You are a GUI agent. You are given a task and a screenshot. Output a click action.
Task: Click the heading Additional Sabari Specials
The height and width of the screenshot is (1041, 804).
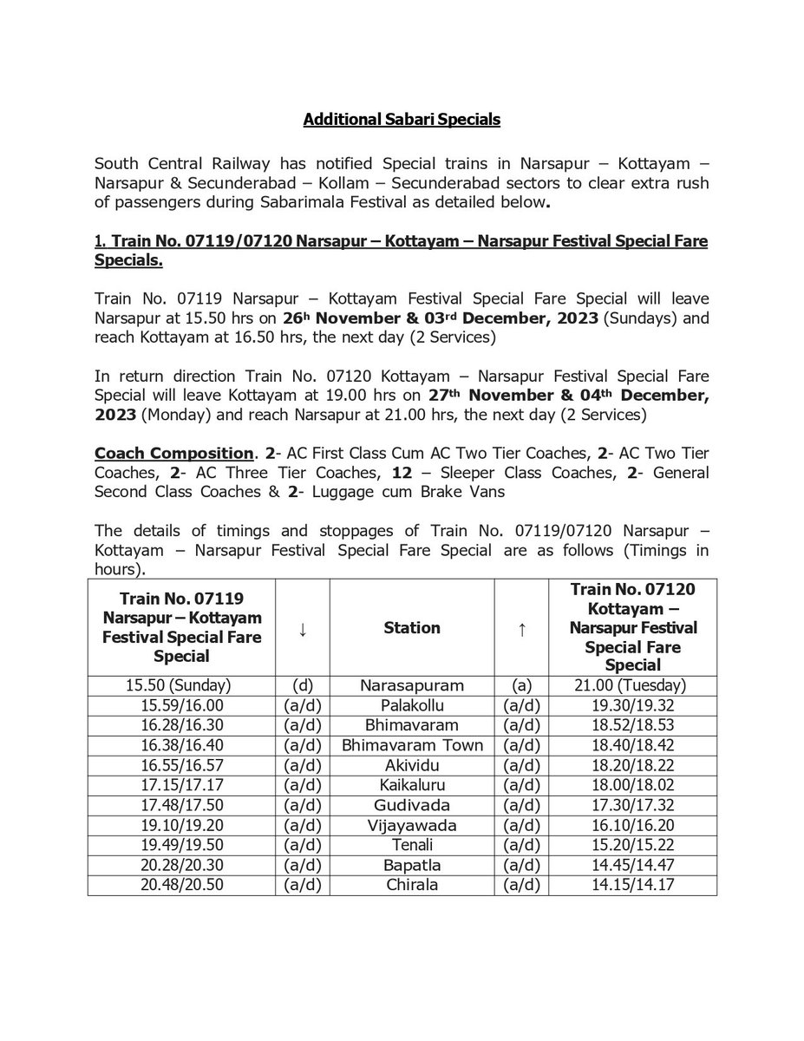click(x=402, y=121)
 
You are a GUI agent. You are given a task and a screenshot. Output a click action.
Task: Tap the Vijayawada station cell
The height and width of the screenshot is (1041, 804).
click(x=412, y=824)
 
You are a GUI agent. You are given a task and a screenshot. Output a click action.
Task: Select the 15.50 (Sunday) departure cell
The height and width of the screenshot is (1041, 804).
click(x=181, y=683)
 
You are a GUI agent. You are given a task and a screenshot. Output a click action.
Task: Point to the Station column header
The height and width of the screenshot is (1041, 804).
click(x=412, y=627)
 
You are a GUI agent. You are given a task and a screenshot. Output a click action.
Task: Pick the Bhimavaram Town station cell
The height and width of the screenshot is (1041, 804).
click(x=412, y=744)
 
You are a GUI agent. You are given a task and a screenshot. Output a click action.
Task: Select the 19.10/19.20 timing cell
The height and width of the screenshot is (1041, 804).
click(x=181, y=824)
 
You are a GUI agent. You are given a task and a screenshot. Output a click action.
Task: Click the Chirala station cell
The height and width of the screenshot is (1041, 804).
click(x=412, y=884)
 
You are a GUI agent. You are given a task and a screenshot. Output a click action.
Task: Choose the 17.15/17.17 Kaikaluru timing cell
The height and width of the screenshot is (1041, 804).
click(x=181, y=784)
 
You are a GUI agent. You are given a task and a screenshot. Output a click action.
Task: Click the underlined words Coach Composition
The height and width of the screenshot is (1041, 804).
click(x=164, y=453)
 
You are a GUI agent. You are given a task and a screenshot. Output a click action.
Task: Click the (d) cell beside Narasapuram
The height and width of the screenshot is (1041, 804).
click(x=302, y=683)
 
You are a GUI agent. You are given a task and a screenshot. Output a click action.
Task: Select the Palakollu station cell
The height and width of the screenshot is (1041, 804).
click(x=412, y=704)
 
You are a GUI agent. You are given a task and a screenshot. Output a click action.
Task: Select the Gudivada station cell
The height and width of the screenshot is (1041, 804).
click(x=412, y=804)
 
